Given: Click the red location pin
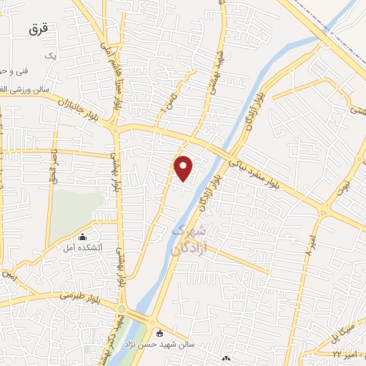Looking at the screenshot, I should pos(184,168).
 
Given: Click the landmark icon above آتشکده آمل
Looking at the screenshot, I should pos(84,237).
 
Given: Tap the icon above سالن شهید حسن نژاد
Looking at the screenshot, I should pos(159,333).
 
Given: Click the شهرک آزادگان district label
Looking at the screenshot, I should pos(187,241).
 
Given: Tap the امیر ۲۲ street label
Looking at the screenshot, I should pos(346,353).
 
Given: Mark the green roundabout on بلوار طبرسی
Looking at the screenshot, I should pos(121,309).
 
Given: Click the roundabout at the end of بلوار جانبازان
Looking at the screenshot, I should pos(114,127).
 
